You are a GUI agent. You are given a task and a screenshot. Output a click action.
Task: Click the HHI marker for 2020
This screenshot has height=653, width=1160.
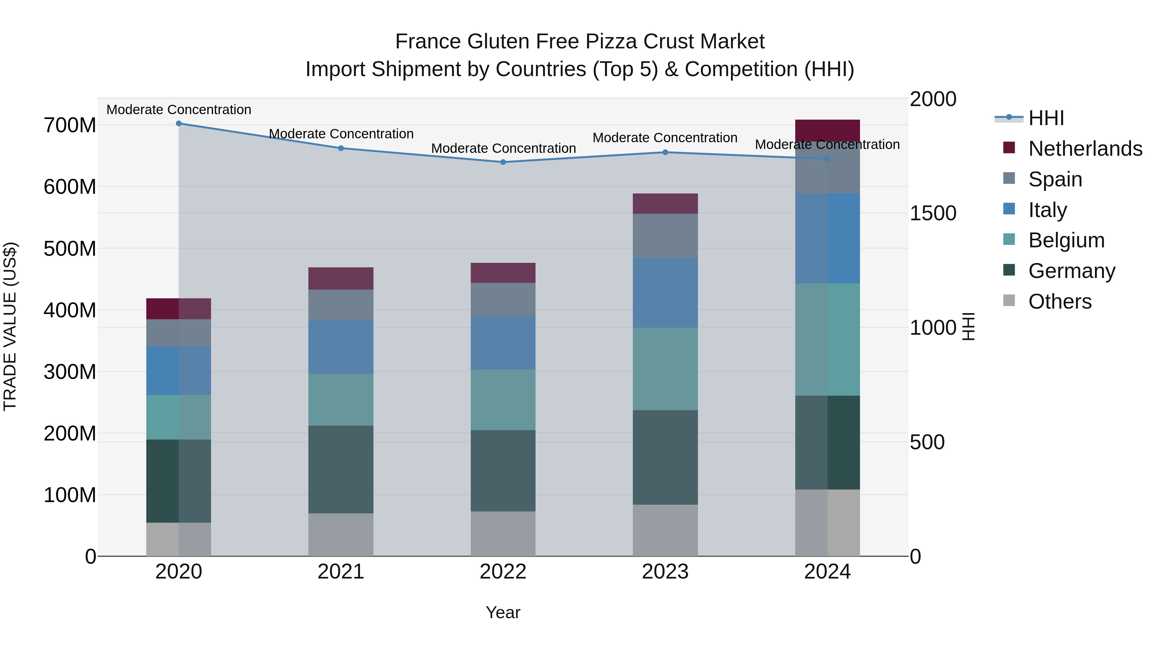pyautogui.click(x=179, y=124)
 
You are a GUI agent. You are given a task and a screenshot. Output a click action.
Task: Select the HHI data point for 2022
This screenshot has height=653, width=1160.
pyautogui.click(x=503, y=162)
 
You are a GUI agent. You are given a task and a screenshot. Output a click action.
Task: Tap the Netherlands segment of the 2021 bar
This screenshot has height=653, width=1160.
pyautogui.click(x=341, y=279)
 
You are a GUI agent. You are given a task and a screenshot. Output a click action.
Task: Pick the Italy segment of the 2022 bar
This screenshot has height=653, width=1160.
pyautogui.click(x=503, y=343)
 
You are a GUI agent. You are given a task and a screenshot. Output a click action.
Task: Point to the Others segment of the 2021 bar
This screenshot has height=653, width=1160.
pyautogui.click(x=341, y=535)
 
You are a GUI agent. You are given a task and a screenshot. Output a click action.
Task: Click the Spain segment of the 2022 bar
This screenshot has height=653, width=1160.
pyautogui.click(x=503, y=299)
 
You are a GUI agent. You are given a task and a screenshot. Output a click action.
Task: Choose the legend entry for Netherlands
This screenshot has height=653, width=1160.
pyautogui.click(x=1085, y=149)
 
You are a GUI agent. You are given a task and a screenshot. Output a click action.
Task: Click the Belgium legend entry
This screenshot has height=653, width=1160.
pyautogui.click(x=1066, y=240)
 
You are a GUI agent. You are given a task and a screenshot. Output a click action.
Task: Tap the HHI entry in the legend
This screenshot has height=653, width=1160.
pyautogui.click(x=1046, y=118)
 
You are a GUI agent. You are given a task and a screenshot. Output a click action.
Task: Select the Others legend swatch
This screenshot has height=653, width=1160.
pyautogui.click(x=1009, y=301)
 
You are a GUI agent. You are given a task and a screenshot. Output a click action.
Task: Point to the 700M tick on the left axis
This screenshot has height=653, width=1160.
pyautogui.click(x=70, y=125)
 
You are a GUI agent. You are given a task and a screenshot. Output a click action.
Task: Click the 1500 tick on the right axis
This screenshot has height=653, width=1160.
pyautogui.click(x=933, y=213)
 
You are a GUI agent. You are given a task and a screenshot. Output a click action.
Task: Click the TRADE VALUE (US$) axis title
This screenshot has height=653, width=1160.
pyautogui.click(x=10, y=326)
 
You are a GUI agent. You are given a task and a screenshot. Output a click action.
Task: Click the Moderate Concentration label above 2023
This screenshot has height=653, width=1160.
pyautogui.click(x=665, y=138)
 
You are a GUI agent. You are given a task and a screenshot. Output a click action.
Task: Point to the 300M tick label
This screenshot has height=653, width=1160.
pyautogui.click(x=70, y=372)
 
